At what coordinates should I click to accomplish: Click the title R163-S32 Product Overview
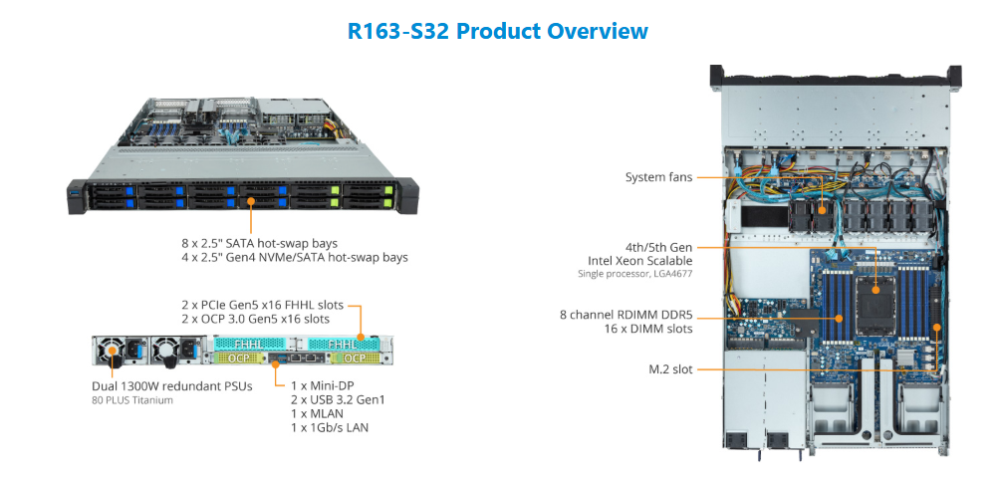498,31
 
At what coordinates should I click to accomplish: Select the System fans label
659,177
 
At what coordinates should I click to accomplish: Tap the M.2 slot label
670,369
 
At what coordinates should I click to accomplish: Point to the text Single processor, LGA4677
634,273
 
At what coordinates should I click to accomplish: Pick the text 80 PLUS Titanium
132,400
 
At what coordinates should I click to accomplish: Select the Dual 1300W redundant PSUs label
170,386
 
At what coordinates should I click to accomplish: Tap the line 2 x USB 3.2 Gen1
337,398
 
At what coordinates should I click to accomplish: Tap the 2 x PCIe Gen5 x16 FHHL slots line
263,304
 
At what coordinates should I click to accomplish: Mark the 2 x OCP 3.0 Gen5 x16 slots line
256,319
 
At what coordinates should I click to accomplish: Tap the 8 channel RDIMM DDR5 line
626,315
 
